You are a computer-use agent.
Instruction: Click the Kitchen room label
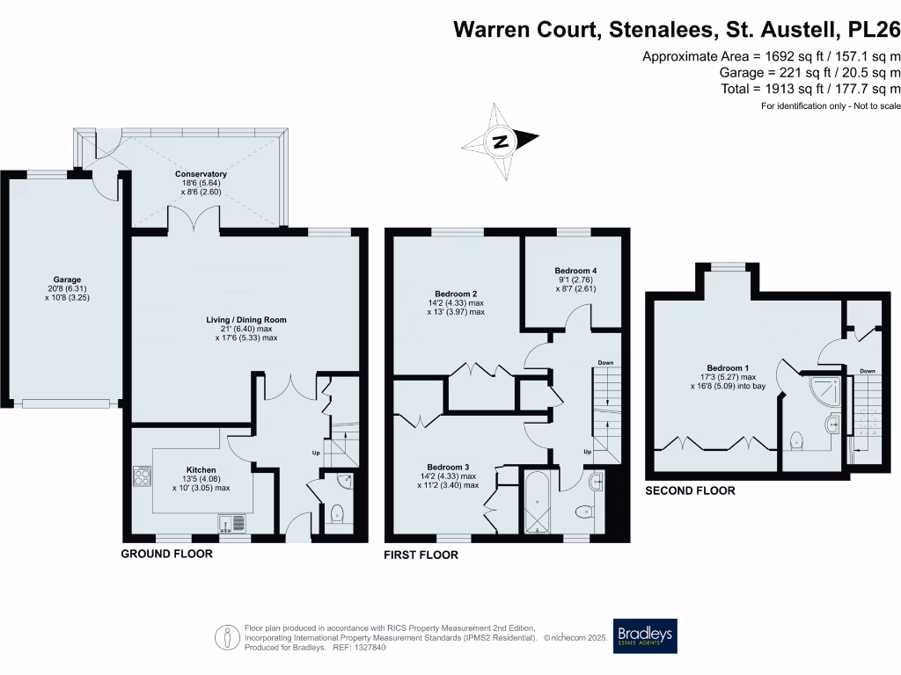[201, 470]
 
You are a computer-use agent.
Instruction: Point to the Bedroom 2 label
[456, 294]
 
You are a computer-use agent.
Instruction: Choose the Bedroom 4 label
[576, 271]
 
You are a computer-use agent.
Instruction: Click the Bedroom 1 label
[729, 368]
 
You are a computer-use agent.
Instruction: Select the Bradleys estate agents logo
[646, 635]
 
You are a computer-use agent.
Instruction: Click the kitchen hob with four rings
[143, 475]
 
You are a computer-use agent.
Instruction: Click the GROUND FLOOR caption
[166, 555]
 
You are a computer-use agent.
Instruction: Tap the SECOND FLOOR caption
[690, 490]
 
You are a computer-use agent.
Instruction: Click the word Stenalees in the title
[656, 30]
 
